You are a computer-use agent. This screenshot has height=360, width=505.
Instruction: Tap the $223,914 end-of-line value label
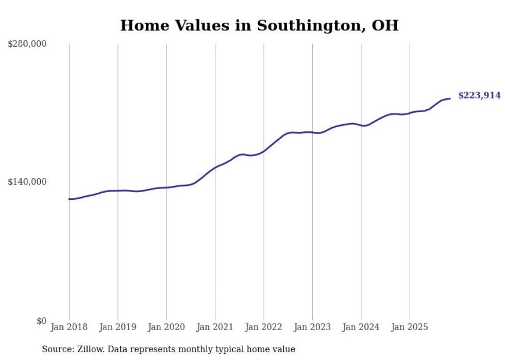[x=479, y=95]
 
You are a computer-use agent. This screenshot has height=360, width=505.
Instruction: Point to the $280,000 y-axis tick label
[x=27, y=44]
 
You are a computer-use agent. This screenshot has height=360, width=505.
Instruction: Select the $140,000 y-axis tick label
[x=27, y=182]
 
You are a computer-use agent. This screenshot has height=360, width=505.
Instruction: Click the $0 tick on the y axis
[x=41, y=321]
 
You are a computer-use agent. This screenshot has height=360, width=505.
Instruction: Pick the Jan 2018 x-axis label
[x=69, y=327]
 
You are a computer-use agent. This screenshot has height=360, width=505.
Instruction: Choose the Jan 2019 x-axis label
[x=118, y=327]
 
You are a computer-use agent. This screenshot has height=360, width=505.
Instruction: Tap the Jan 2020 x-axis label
[x=166, y=327]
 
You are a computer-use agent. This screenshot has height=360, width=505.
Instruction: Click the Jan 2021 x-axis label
[x=215, y=327]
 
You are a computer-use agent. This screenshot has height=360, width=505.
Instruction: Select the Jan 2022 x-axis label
[x=264, y=327]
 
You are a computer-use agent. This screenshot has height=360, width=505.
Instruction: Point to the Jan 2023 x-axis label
[x=312, y=327]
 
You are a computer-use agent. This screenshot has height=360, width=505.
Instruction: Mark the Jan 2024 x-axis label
[x=361, y=327]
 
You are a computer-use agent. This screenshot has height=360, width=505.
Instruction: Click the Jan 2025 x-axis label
[x=410, y=327]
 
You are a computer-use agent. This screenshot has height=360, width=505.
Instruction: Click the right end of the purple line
[x=450, y=98]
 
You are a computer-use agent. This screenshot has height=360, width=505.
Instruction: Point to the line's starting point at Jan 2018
[x=69, y=199]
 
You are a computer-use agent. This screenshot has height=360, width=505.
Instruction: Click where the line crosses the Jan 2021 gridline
[x=215, y=167]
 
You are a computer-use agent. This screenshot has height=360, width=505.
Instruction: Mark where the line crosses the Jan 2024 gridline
[x=361, y=125]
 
